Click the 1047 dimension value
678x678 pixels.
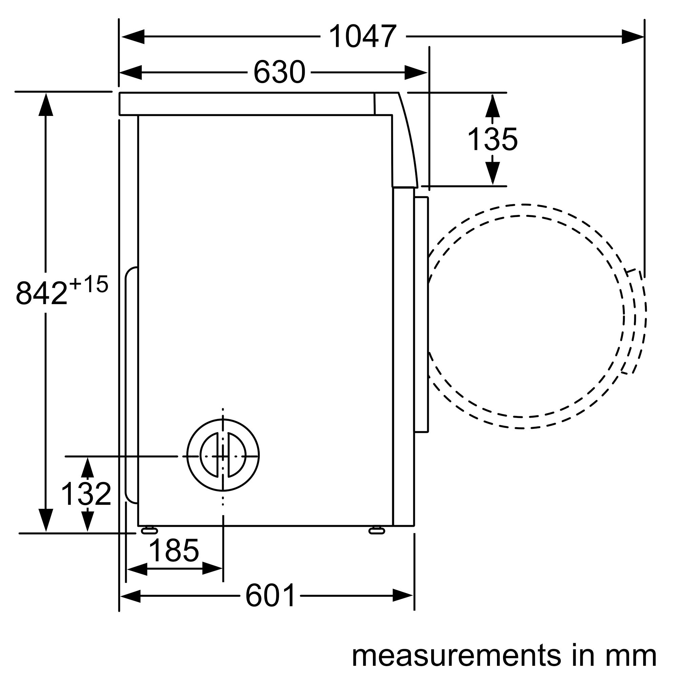[362, 36]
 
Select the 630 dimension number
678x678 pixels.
[279, 72]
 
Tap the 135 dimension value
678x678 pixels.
[492, 139]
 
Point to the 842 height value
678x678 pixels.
[41, 293]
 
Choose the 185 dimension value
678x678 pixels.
[174, 551]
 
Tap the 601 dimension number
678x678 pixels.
[270, 596]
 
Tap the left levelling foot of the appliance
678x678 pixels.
[149, 530]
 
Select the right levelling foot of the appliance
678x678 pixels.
[377, 530]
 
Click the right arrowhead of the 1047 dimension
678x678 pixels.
[633, 37]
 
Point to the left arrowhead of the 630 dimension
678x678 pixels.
[131, 73]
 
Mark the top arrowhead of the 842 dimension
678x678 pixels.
[46, 104]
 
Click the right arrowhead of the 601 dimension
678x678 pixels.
[403, 596]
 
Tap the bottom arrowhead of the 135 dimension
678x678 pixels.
[493, 174]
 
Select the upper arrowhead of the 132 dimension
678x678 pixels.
[87, 468]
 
